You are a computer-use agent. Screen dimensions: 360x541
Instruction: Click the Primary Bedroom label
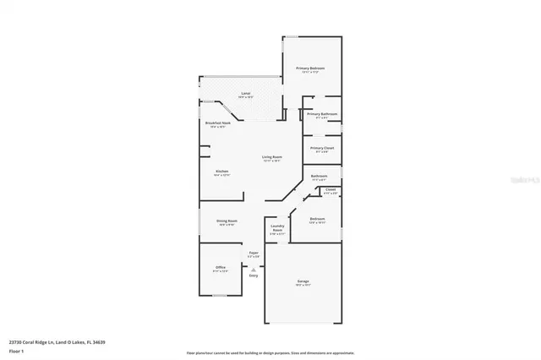[x=310, y=68]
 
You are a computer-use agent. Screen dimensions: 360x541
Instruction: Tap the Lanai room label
[x=246, y=94]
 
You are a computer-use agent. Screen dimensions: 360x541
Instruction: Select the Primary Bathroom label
[x=323, y=114]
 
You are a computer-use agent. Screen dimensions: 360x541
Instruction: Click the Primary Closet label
[x=322, y=149]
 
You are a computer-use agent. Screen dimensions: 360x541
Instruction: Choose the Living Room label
[x=271, y=157]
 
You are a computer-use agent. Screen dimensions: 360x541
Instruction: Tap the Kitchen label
[x=221, y=172]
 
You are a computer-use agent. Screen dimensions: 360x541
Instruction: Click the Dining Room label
[x=227, y=221]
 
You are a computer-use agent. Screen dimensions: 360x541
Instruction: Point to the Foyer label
[x=253, y=253]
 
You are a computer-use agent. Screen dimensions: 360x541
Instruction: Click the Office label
[x=220, y=268]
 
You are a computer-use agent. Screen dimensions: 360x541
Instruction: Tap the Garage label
[x=303, y=281]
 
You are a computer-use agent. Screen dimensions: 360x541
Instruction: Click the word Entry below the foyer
[x=253, y=275]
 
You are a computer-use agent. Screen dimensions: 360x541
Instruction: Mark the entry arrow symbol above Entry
[x=253, y=268]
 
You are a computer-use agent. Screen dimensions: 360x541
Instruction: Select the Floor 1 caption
[x=16, y=351]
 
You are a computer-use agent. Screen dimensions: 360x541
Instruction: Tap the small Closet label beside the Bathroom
[x=331, y=190]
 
